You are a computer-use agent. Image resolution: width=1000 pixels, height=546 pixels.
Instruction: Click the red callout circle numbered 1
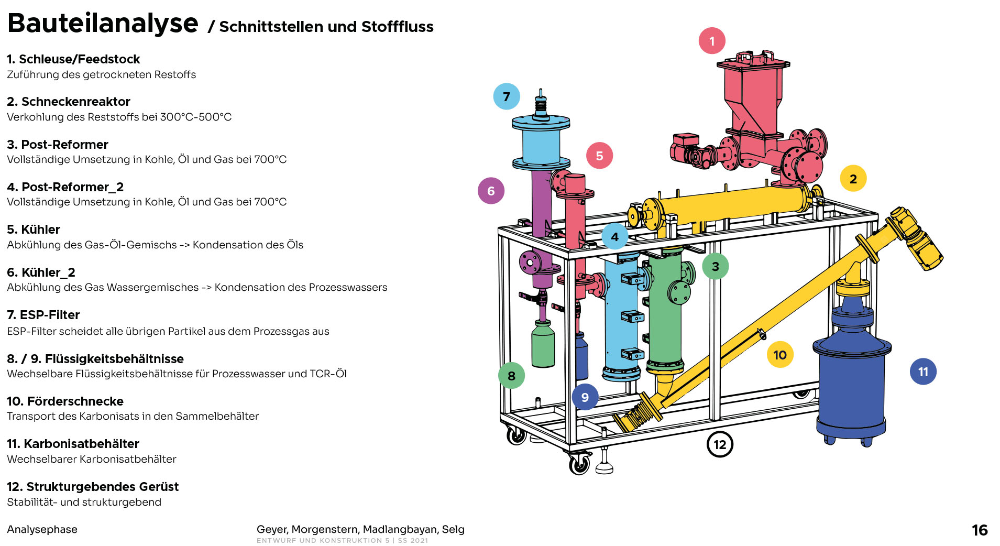[x=712, y=41]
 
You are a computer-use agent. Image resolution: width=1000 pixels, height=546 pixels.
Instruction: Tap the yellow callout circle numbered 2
[x=853, y=179]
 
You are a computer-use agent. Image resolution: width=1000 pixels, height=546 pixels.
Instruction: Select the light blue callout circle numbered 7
[x=507, y=96]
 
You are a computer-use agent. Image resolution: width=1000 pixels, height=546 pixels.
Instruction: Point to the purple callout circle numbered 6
[x=491, y=191]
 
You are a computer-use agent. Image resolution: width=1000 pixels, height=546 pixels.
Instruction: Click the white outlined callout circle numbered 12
[x=720, y=444]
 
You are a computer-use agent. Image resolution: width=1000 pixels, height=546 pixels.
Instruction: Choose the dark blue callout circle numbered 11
[x=923, y=372]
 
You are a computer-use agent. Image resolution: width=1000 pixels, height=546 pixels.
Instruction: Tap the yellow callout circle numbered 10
[x=780, y=355]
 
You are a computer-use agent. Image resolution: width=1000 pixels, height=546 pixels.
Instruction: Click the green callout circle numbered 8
[x=511, y=376]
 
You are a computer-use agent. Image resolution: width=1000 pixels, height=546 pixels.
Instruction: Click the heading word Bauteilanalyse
[x=103, y=24]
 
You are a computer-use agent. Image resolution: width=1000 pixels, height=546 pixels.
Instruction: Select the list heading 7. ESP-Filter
[x=43, y=315]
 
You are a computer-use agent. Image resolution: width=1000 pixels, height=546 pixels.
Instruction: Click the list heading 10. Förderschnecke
[x=65, y=401]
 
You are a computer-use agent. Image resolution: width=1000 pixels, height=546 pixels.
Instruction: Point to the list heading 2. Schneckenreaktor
[x=69, y=102]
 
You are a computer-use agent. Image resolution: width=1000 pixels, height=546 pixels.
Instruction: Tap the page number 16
[x=980, y=530]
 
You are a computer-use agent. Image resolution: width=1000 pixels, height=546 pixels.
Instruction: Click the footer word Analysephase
[x=42, y=529]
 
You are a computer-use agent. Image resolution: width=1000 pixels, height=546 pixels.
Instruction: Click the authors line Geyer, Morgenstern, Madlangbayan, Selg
[x=360, y=529]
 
